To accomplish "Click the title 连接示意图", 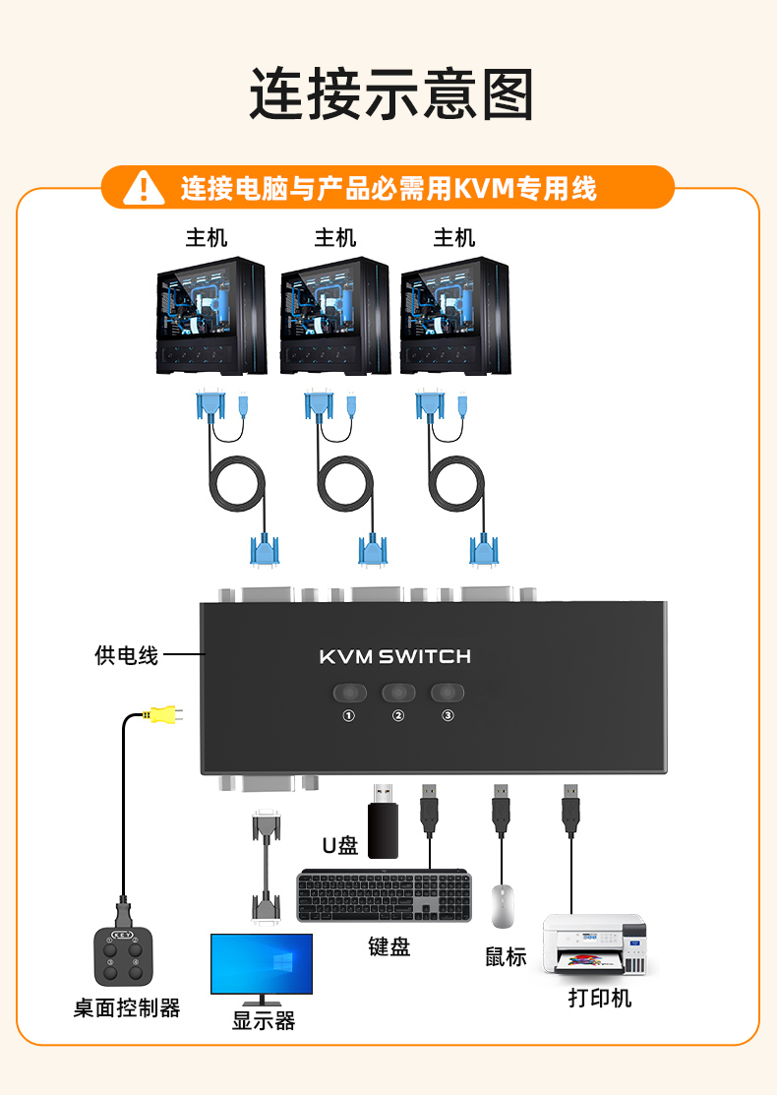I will (390, 94).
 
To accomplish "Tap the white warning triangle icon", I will (145, 187).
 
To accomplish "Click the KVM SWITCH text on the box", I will (395, 656).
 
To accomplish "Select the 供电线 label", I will (126, 655).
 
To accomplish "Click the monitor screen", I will (262, 962).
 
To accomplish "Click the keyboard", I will (385, 895).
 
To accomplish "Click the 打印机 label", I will (599, 998).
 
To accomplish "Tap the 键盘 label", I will (388, 946).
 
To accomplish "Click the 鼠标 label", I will (506, 956).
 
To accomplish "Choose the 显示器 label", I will (263, 1021).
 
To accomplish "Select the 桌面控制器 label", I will (127, 1008).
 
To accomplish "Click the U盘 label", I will (340, 845).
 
